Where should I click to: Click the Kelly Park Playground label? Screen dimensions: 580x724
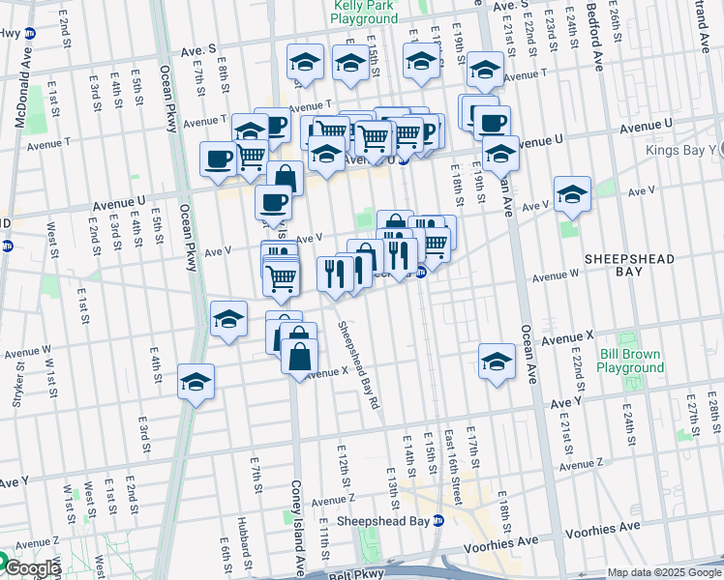[x=365, y=11]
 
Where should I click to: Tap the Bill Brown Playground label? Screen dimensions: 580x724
[x=630, y=361]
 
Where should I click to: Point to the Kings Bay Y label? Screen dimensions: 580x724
[x=688, y=150]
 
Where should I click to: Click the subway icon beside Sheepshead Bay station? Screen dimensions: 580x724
[x=438, y=521]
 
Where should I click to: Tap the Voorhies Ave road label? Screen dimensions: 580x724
[x=602, y=527]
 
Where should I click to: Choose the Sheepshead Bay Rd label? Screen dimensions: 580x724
[x=356, y=363]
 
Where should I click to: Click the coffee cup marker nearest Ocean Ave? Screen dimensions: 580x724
[x=492, y=123]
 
